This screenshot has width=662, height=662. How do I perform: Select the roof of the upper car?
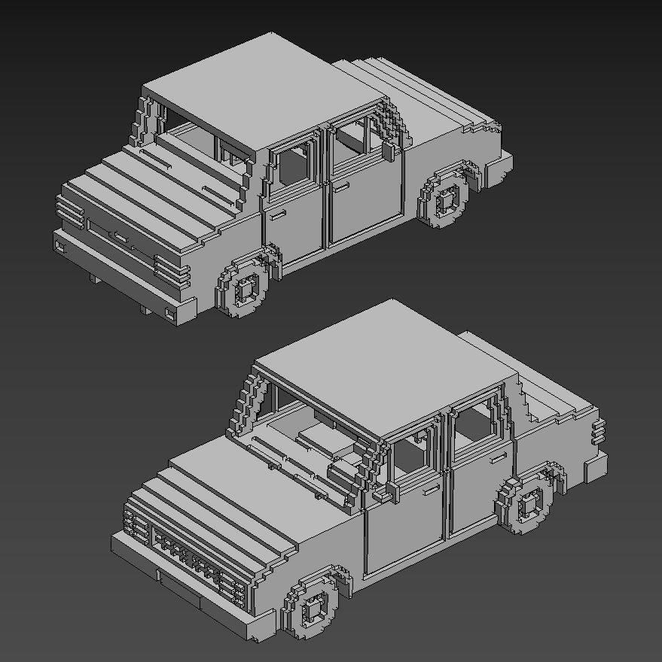pyautogui.click(x=264, y=94)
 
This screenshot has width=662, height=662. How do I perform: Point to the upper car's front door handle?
pyautogui.click(x=278, y=217)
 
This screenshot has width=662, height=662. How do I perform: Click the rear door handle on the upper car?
pyautogui.click(x=342, y=185)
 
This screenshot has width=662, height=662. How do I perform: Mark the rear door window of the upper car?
pyautogui.click(x=352, y=138)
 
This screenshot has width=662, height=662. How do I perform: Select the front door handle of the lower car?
pyautogui.click(x=432, y=490)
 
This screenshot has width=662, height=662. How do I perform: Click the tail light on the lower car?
pyautogui.click(x=598, y=432)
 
